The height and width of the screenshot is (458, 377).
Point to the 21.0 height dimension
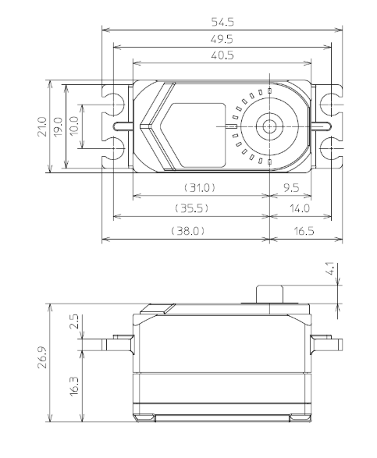click(42, 126)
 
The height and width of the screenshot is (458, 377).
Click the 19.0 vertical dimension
click(59, 126)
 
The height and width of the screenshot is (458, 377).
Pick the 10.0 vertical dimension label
click(76, 126)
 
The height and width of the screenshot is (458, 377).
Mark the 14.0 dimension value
click(300, 208)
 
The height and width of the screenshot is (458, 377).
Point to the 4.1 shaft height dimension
click(332, 271)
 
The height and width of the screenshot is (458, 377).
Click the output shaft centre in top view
click(270, 126)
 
